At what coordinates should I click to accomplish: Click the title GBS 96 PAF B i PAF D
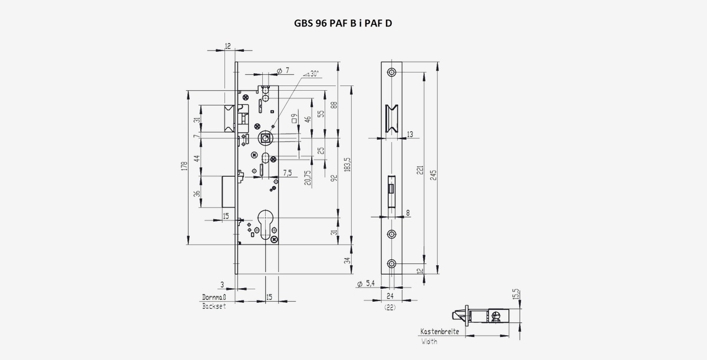tap(343, 24)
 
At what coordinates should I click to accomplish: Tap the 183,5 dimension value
tap(348, 164)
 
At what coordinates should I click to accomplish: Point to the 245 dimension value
tap(434, 175)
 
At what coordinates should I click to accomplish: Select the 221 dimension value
tap(421, 170)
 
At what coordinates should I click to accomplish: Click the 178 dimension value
tap(184, 166)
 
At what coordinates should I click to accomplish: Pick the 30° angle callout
tap(312, 74)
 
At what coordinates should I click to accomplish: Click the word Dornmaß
tap(214, 297)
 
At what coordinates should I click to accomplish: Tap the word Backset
tap(214, 306)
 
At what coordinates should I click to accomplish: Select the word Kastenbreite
tap(440, 332)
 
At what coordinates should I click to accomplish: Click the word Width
tap(430, 341)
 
